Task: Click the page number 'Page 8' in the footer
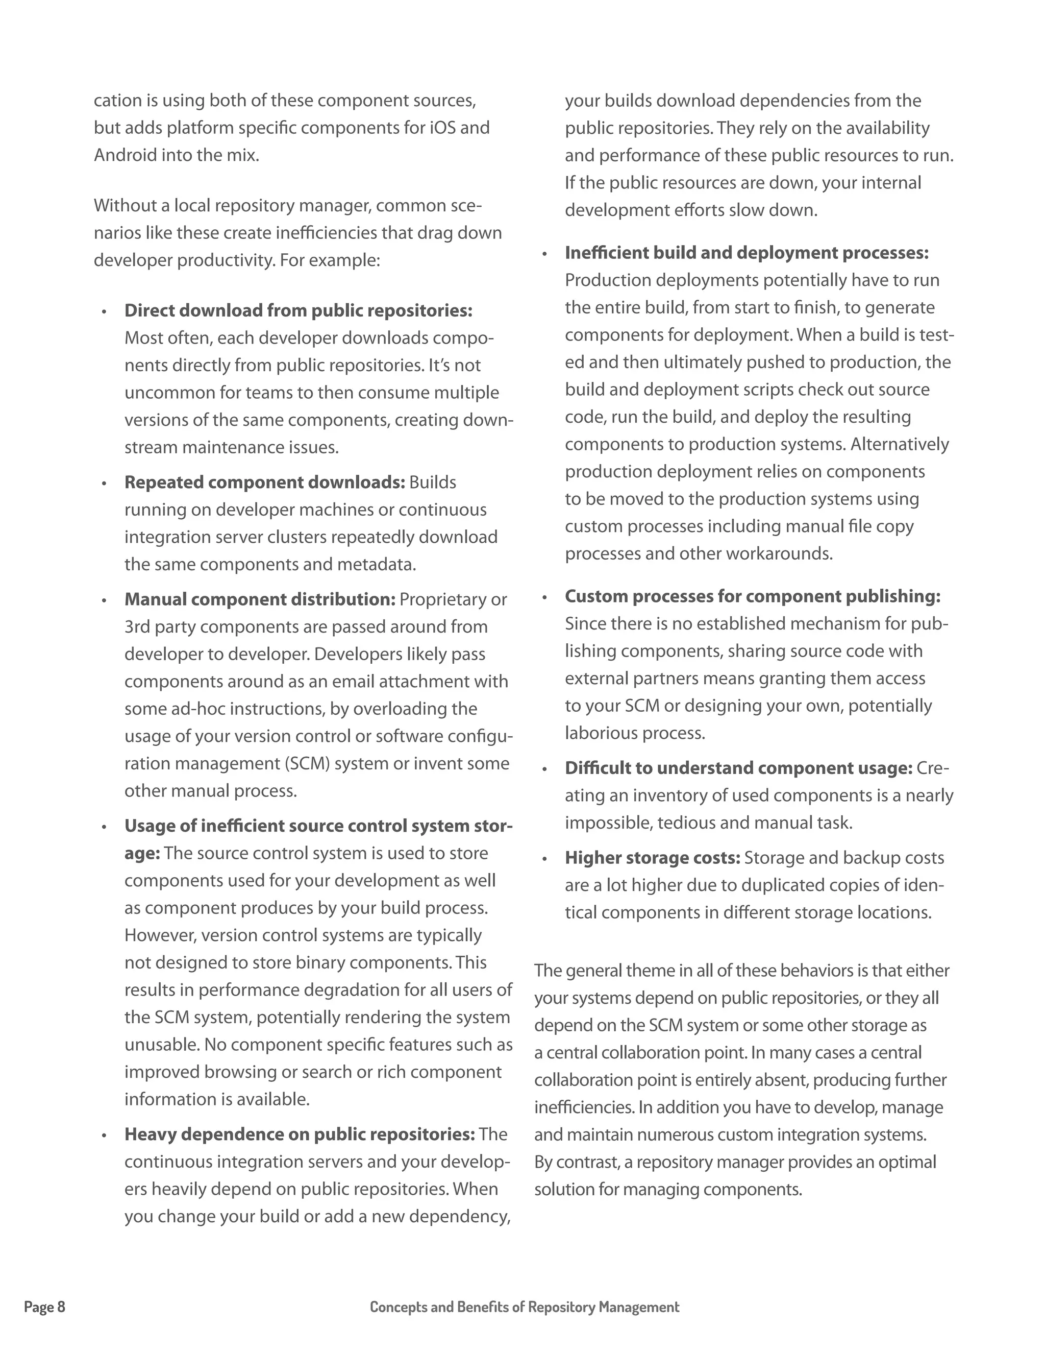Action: click(x=44, y=1307)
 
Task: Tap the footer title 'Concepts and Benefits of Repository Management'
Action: click(x=525, y=1307)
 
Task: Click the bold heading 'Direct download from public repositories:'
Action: click(x=298, y=310)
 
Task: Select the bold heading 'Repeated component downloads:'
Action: click(x=264, y=482)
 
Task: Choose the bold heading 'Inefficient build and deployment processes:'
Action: click(x=747, y=253)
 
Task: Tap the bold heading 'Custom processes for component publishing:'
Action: click(x=752, y=596)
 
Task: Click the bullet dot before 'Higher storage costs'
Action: click(x=545, y=859)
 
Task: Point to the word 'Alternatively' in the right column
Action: click(x=900, y=444)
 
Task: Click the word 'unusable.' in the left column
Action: click(x=162, y=1045)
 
